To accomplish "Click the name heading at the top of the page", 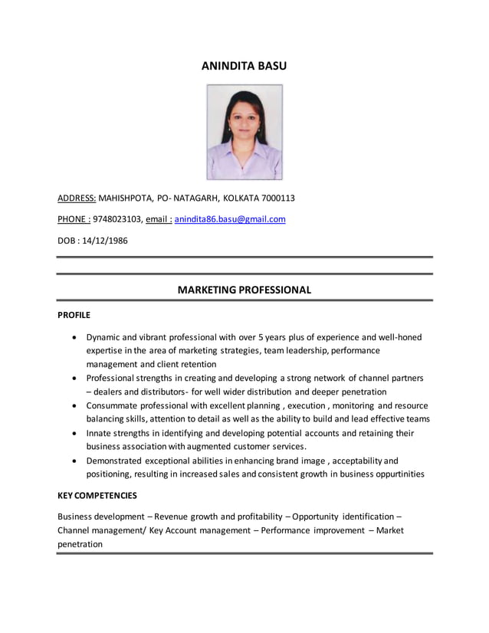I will pyautogui.click(x=244, y=67).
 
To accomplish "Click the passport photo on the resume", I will pyautogui.click(x=244, y=132).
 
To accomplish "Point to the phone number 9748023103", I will pyautogui.click(x=117, y=219).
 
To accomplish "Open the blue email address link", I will pyautogui.click(x=230, y=219).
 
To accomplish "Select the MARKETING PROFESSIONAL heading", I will pyautogui.click(x=244, y=290).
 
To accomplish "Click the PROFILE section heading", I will pyautogui.click(x=74, y=315).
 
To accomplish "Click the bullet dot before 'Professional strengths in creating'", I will pyautogui.click(x=74, y=379).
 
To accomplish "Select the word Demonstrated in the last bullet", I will pyautogui.click(x=116, y=461).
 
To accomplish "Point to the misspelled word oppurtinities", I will pyautogui.click(x=395, y=474).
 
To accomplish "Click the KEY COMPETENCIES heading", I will pyautogui.click(x=97, y=496).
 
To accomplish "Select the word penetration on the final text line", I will pyautogui.click(x=80, y=544).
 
